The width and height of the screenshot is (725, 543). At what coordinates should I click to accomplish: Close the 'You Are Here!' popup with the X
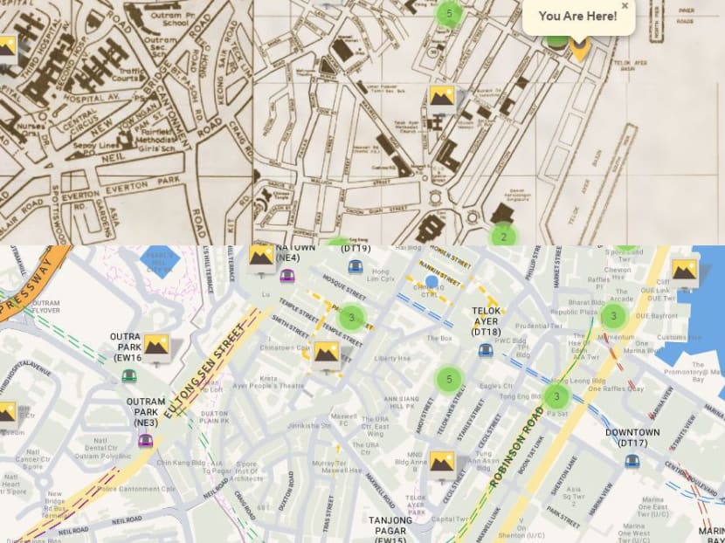coord(625,5)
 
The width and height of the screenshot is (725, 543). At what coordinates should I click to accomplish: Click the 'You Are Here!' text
coord(577,16)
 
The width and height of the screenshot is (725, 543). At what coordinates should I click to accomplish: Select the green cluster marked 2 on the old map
coord(503,236)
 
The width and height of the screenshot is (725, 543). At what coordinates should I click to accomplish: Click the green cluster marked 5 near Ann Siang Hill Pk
coord(449,379)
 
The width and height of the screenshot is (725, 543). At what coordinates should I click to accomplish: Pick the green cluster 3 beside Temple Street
coord(351,317)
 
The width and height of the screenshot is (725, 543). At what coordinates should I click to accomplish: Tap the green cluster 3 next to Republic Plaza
coord(614,317)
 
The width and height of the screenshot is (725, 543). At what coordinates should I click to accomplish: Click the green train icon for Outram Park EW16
coord(129,375)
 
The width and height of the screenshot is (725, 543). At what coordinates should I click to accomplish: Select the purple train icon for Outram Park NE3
coord(145,441)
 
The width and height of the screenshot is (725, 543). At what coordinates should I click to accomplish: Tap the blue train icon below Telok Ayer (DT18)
coord(486,350)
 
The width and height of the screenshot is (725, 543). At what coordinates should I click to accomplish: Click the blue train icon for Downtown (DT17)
coord(632,461)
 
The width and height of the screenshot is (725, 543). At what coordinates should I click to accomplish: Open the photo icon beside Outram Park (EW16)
coord(156,347)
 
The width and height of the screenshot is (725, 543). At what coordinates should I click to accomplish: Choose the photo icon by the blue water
coord(684,271)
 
